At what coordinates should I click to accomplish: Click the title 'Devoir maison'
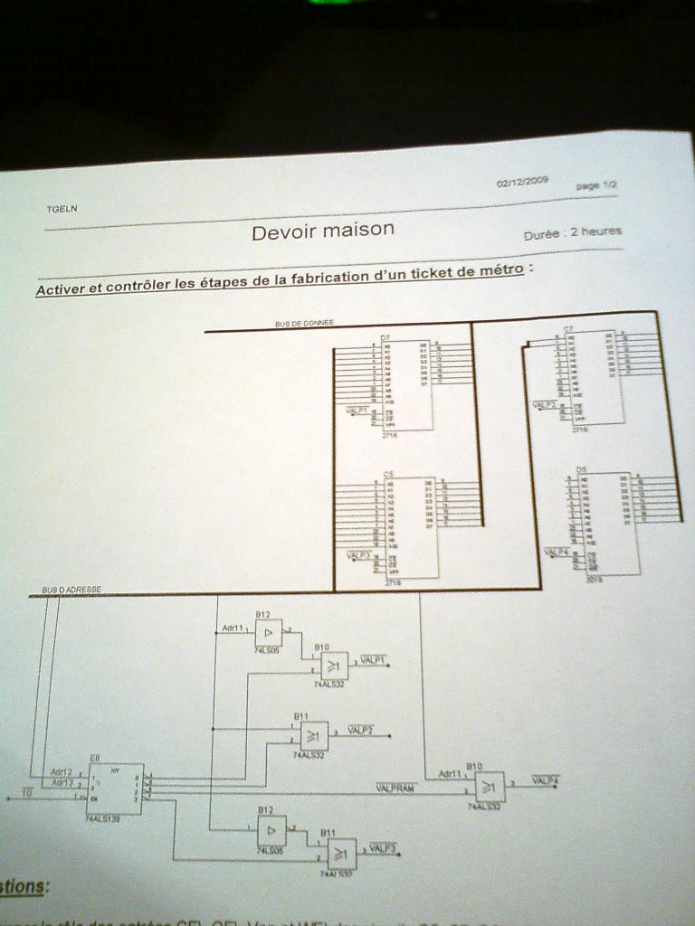pyautogui.click(x=323, y=231)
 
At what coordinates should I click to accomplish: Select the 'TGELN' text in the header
pyautogui.click(x=62, y=209)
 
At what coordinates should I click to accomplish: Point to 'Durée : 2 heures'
pyautogui.click(x=572, y=232)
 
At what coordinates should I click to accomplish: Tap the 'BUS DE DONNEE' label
pyautogui.click(x=304, y=323)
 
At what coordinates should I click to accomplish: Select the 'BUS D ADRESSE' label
pyautogui.click(x=71, y=590)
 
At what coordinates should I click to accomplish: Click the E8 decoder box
pyautogui.click(x=115, y=789)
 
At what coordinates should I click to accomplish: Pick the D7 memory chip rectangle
pyautogui.click(x=406, y=384)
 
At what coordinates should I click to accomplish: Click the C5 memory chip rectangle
pyautogui.click(x=411, y=527)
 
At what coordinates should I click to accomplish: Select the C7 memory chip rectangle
pyautogui.click(x=595, y=377)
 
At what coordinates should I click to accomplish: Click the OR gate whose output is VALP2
pyautogui.click(x=314, y=735)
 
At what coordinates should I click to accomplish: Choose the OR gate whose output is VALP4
pyautogui.click(x=490, y=786)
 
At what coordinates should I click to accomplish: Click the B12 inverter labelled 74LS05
pyautogui.click(x=268, y=632)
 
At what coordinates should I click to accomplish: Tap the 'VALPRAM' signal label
pyautogui.click(x=395, y=789)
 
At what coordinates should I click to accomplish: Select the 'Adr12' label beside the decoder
pyautogui.click(x=62, y=772)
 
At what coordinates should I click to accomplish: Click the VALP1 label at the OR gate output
pyautogui.click(x=373, y=660)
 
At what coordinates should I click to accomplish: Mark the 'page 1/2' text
pyautogui.click(x=596, y=184)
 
